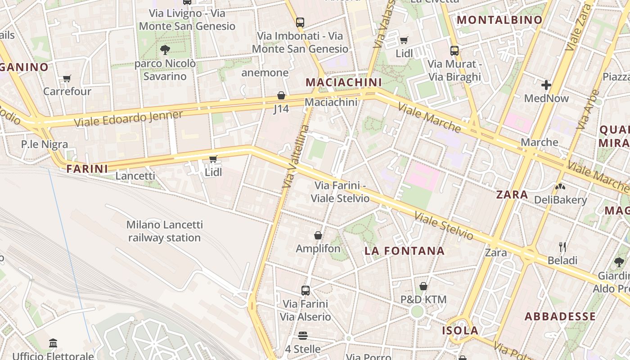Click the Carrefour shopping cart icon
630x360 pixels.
[67, 78]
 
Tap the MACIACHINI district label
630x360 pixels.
[343, 82]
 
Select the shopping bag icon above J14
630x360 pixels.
[281, 95]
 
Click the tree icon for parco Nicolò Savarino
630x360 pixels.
[165, 49]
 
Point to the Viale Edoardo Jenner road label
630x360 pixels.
[128, 118]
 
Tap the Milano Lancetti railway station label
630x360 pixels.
[164, 231]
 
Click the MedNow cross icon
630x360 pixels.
[546, 85]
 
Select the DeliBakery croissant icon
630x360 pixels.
[560, 186]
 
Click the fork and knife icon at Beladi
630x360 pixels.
[562, 247]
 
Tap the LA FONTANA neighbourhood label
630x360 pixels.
[405, 251]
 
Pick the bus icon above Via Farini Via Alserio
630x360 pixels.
[306, 290]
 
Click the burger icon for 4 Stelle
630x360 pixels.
[303, 336]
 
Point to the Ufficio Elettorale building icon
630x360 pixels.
[53, 343]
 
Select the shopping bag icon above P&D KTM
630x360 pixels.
[423, 286]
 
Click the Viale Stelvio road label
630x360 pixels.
[444, 226]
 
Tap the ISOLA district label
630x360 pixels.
[460, 331]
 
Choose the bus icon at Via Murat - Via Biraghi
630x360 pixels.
[454, 50]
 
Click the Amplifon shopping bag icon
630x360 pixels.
[318, 235]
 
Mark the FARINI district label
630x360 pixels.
[87, 169]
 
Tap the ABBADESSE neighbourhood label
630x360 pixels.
[560, 316]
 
